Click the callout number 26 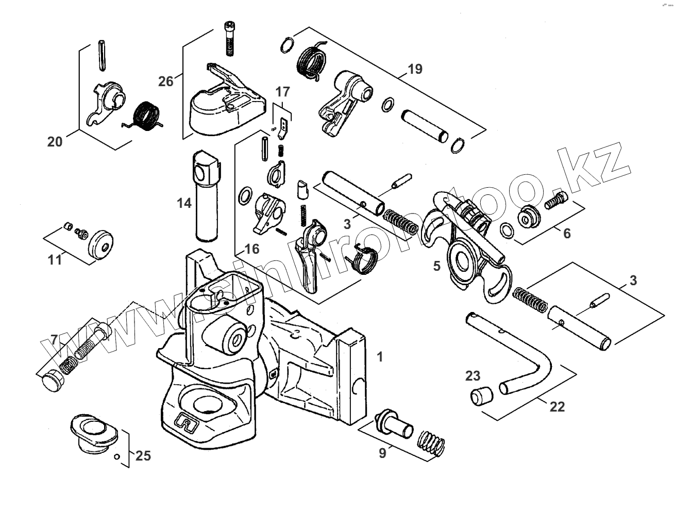166,81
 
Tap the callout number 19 415,69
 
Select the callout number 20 55,141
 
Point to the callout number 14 184,203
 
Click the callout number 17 282,92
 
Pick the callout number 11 55,259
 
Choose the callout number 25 143,455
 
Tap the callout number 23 473,376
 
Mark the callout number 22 557,407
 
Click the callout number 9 382,454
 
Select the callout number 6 567,234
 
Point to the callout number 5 437,266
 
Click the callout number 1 380,356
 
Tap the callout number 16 252,249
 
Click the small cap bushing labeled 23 481,397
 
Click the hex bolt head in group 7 49,383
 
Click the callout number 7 55,340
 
